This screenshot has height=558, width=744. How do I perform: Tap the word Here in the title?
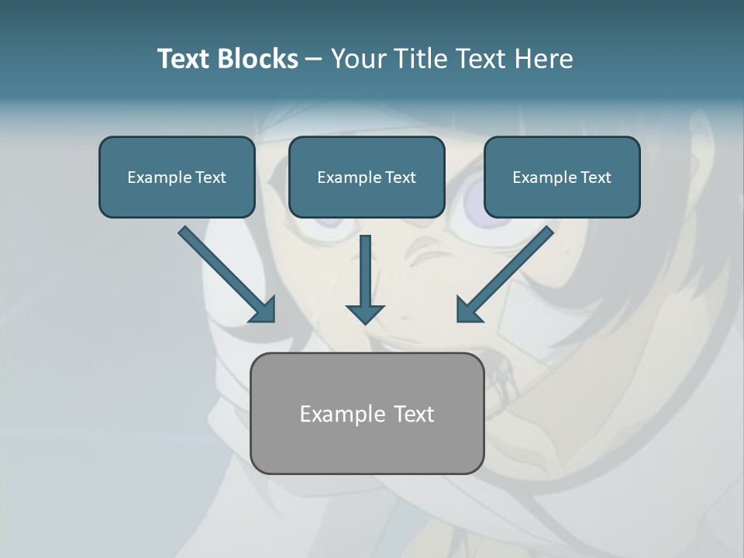(543, 59)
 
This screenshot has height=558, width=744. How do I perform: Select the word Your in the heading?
(355, 59)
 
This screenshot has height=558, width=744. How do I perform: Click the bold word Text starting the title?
(187, 59)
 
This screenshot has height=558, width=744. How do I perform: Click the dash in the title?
(314, 60)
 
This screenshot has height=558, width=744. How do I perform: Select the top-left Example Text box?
(177, 177)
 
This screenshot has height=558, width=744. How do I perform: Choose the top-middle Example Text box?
(367, 177)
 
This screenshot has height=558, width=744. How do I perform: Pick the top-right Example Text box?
(562, 177)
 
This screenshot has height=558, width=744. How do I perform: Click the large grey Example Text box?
(367, 413)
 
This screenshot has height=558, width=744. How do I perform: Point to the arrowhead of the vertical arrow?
(365, 313)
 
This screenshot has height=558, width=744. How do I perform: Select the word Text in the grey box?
(414, 414)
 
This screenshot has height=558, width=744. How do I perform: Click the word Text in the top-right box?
(596, 177)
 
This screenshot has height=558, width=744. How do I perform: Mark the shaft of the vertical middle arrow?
(365, 267)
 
